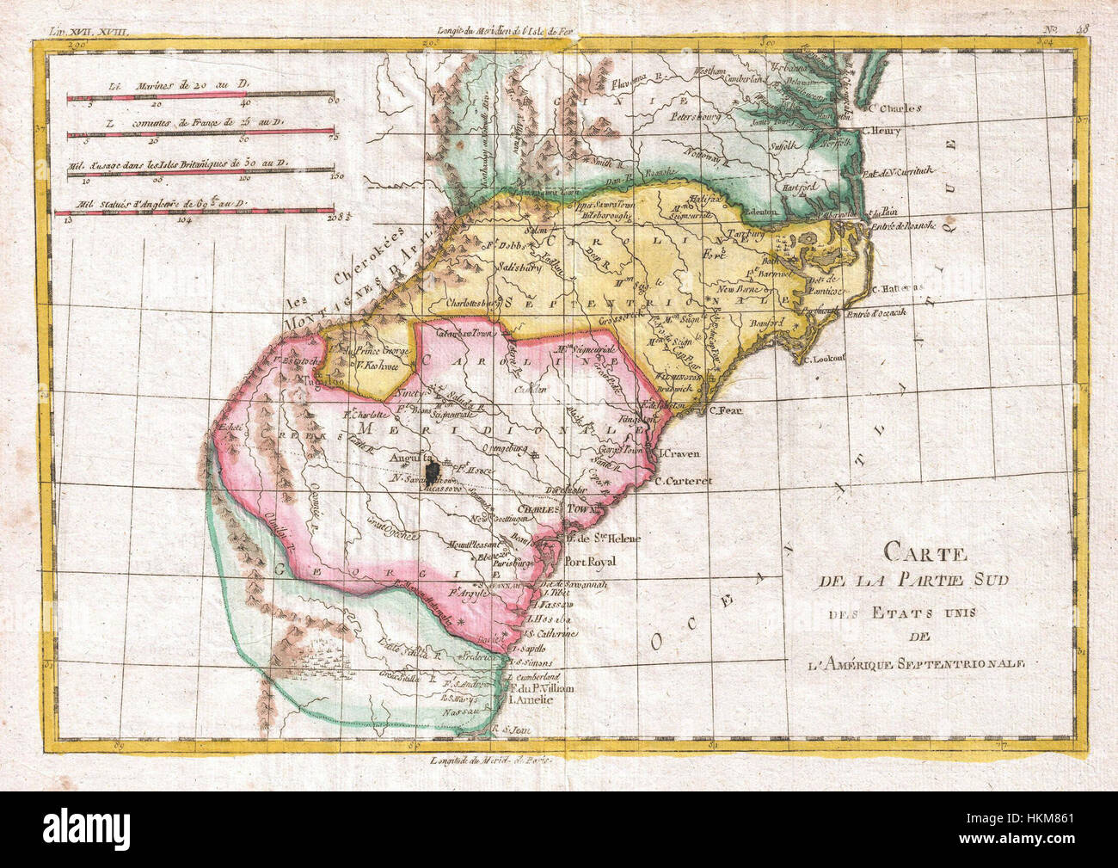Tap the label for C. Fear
point(724,409)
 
